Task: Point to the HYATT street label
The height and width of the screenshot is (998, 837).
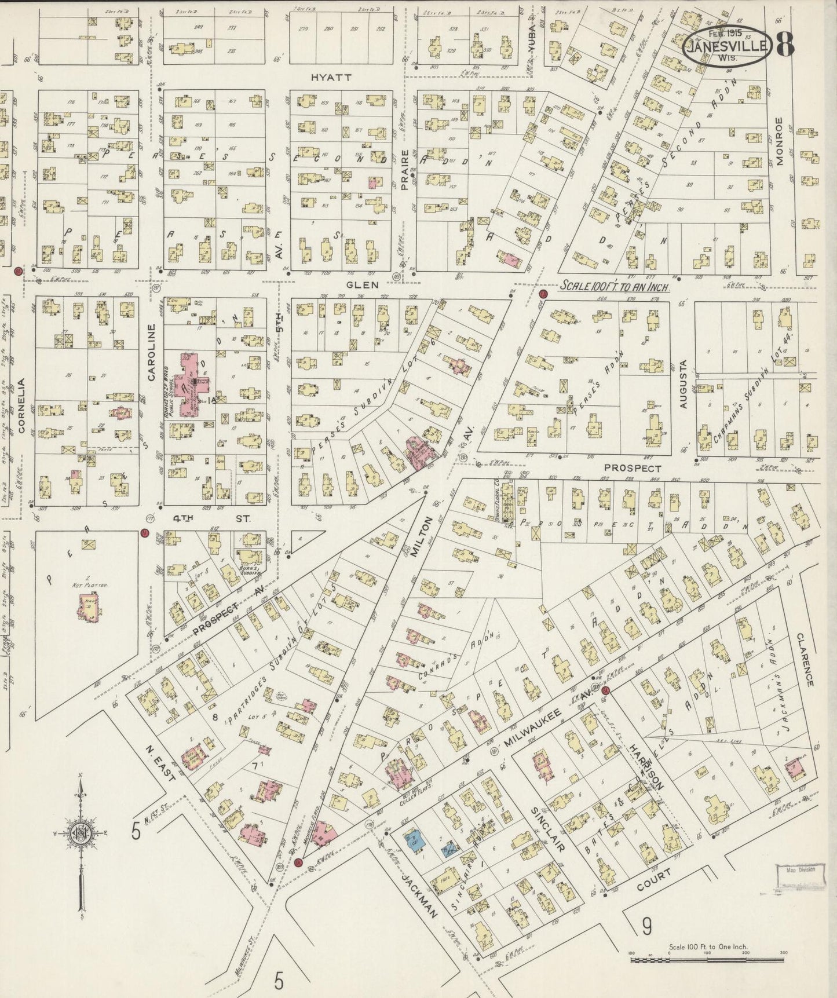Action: coord(331,77)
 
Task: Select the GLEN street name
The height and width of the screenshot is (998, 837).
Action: coord(363,284)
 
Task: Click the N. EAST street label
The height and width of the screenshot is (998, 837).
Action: coord(159,768)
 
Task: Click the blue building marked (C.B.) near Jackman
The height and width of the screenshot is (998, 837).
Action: coord(415,838)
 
